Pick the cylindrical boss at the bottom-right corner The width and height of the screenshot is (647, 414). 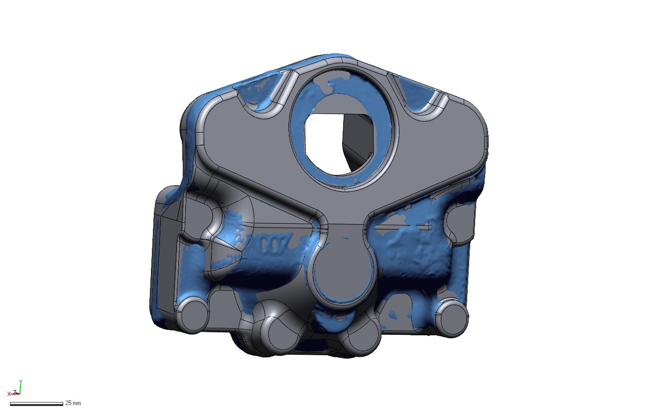pyautogui.click(x=452, y=319)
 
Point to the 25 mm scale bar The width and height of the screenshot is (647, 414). pyautogui.click(x=36, y=404)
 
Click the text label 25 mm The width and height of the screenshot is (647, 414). pyautogui.click(x=73, y=403)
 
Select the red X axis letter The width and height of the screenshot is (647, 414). pyautogui.click(x=9, y=394)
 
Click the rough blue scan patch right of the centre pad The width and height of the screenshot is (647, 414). pyautogui.click(x=408, y=249)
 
